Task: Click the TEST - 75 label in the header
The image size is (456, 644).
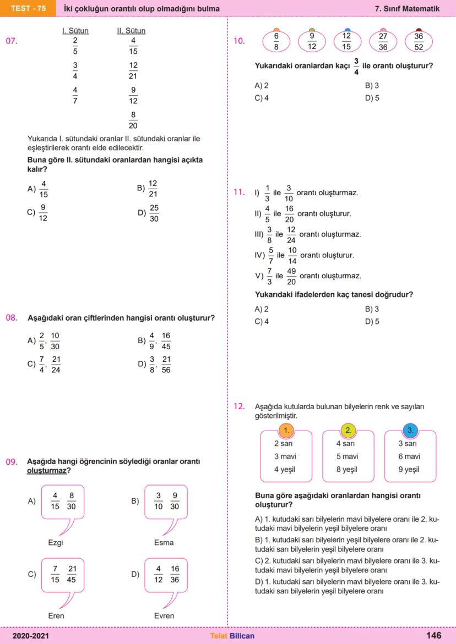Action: (28, 9)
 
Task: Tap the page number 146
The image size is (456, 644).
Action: (433, 635)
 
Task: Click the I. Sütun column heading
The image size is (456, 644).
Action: (75, 31)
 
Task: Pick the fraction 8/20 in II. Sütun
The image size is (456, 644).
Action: (133, 120)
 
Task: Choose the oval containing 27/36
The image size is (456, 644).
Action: (383, 41)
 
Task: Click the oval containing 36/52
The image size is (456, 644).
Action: (419, 41)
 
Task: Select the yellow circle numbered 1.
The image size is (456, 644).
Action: (286, 430)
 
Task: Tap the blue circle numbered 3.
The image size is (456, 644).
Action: (409, 430)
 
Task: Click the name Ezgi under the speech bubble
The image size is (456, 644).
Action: (56, 542)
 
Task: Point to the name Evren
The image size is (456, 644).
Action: (164, 615)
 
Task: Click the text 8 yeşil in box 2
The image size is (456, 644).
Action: (347, 469)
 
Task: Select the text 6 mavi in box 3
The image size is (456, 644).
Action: (409, 456)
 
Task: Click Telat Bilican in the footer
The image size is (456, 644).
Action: (232, 636)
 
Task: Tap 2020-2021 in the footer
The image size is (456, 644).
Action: (31, 636)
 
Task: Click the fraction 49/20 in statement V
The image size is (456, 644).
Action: (291, 276)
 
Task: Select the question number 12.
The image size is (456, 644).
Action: (239, 406)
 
